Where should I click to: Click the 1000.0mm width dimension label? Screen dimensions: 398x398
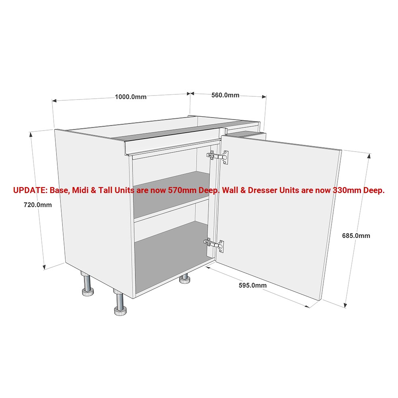click(131, 97)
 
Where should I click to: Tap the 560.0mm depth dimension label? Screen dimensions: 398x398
click(225, 95)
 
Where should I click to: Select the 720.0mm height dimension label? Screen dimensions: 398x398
click(38, 205)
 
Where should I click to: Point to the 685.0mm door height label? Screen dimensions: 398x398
click(356, 236)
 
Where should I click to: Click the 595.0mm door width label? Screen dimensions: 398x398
click(253, 285)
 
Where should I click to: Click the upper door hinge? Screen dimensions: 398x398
click(218, 156)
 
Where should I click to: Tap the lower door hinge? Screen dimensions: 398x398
click(214, 245)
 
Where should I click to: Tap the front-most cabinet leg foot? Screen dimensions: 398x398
click(120, 311)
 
